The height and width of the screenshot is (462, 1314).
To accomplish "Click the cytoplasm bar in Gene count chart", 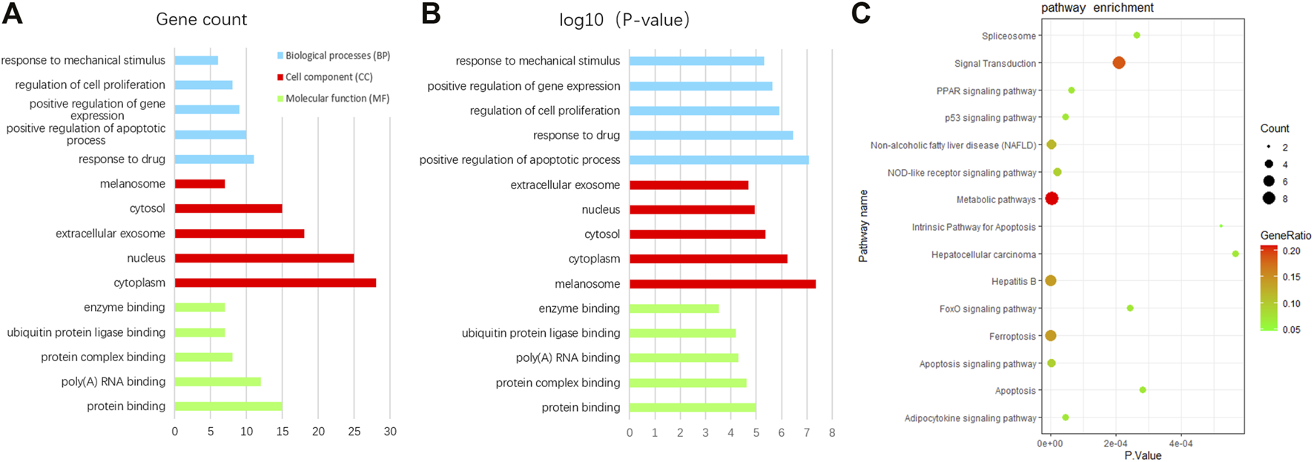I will (x=275, y=283).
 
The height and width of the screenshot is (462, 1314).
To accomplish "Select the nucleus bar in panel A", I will (x=264, y=258).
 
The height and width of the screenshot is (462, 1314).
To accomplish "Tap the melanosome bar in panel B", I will (x=722, y=284).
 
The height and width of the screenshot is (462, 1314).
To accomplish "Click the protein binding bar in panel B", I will (x=693, y=407).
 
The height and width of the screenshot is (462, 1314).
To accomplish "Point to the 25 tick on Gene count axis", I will (x=354, y=432).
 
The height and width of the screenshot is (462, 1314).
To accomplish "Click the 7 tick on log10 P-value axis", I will (x=807, y=432).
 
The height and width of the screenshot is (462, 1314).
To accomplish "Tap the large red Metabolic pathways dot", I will (x=1051, y=199).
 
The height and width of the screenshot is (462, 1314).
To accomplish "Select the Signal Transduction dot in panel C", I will (x=1119, y=63).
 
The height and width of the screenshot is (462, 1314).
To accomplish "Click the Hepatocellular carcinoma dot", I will (x=1235, y=254).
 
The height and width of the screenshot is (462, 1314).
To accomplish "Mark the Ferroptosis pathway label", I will (x=1012, y=337).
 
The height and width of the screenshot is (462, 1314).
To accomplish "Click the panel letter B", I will (x=431, y=13).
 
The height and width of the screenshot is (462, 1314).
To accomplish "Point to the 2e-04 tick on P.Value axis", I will (x=1115, y=443).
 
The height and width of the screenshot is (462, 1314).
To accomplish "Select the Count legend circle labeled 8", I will (x=1269, y=198).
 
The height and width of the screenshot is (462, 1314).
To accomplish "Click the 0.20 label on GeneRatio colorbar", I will (x=1291, y=251).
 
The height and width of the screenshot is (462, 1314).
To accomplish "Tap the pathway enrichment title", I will (x=1097, y=8).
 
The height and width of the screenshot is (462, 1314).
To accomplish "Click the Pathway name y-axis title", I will (x=863, y=226).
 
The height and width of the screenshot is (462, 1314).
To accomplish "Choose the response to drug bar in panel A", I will (x=214, y=159).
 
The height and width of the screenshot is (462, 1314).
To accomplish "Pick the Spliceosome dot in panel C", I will (x=1137, y=36).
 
